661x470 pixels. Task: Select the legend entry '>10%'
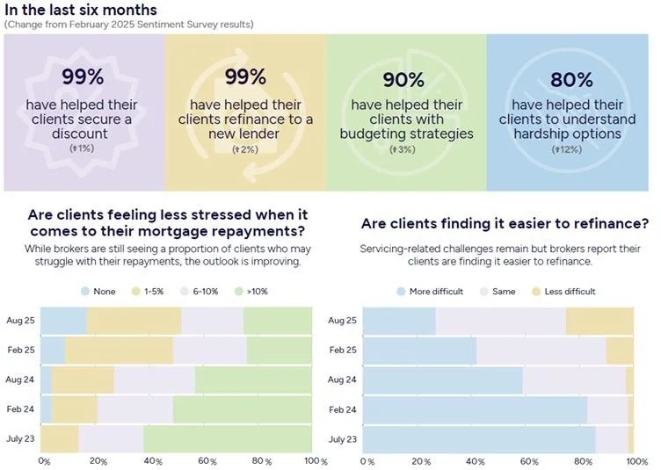(x=256, y=291)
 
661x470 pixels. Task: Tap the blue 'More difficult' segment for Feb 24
(x=475, y=409)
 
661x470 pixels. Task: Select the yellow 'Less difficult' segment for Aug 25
(x=599, y=321)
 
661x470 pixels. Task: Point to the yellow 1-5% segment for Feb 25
(x=119, y=350)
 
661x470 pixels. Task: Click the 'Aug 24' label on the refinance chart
(x=342, y=380)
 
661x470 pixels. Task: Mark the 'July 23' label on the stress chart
(x=21, y=438)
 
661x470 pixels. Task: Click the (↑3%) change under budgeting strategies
(x=404, y=149)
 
